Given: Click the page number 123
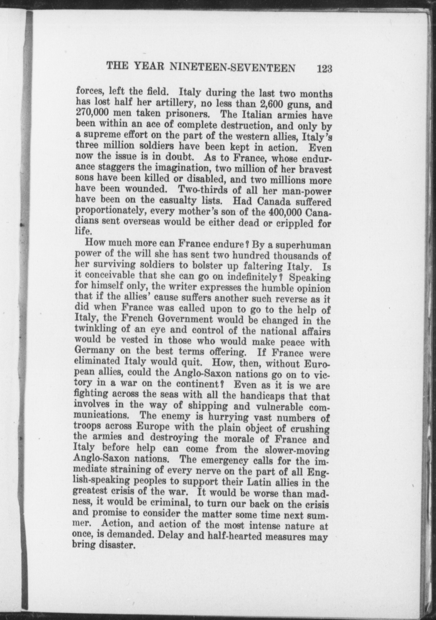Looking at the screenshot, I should pyautogui.click(x=324, y=68).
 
